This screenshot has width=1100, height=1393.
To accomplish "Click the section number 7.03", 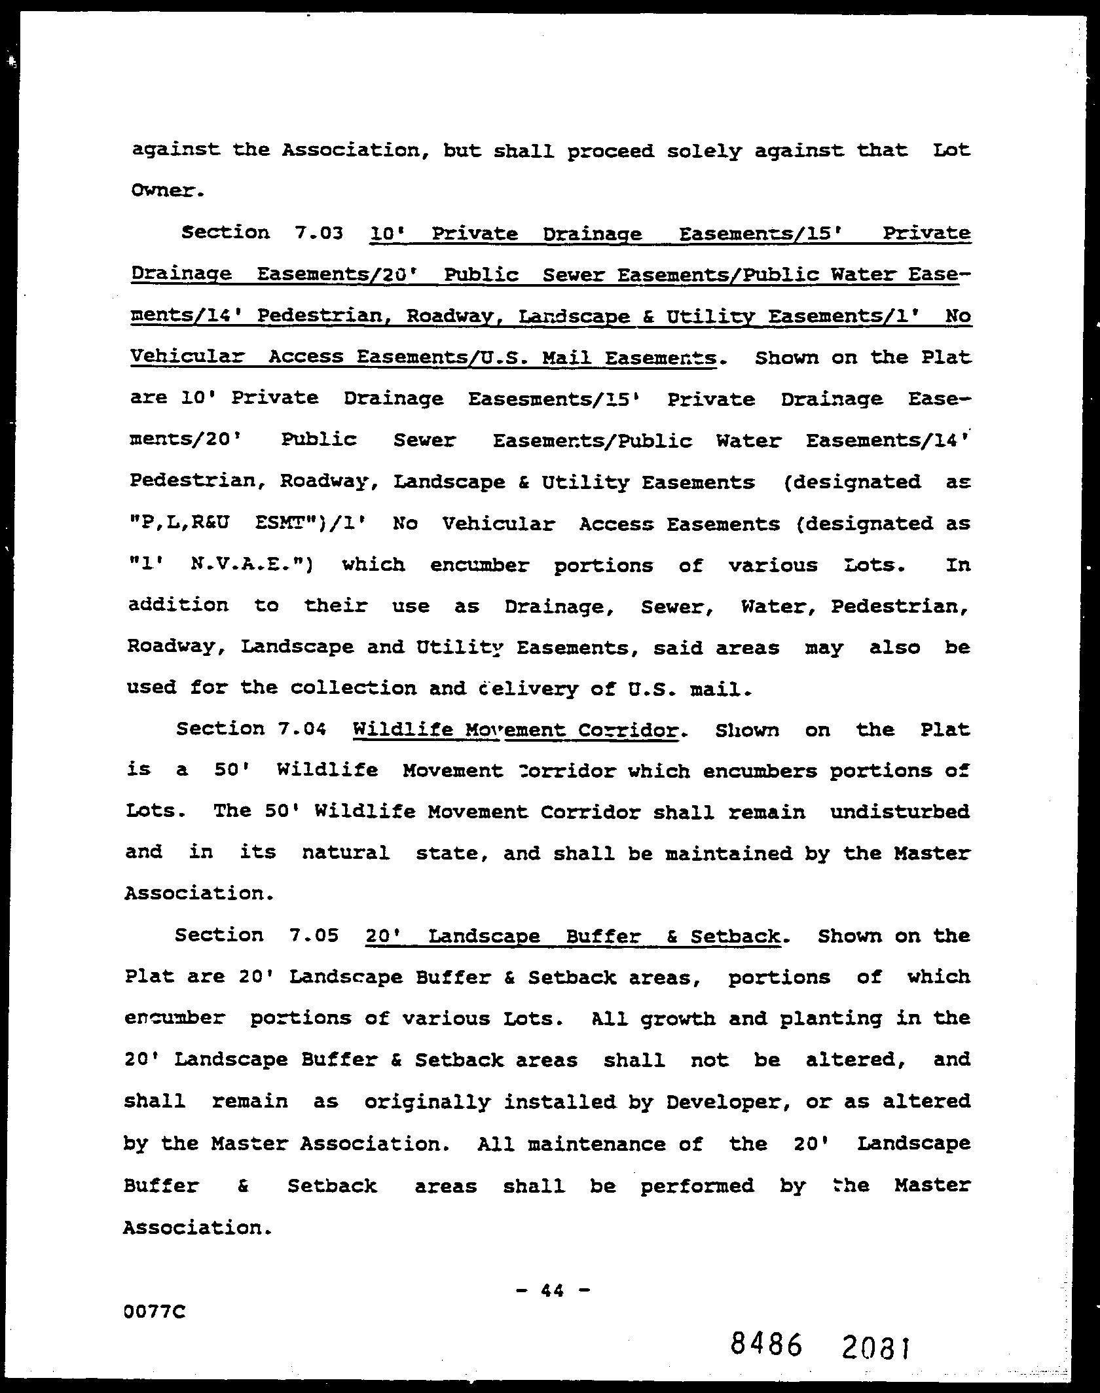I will pos(319,233).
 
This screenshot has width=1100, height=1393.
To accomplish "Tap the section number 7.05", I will pos(313,935).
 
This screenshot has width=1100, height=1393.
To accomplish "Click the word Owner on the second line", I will pos(167,190).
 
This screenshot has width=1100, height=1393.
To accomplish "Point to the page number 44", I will pos(553,1290).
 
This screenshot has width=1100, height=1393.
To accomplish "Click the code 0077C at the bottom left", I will pos(155,1311).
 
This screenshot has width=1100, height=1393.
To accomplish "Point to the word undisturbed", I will pos(900,812).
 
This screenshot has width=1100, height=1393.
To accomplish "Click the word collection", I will pos(353,687).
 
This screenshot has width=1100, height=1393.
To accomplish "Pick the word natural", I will pos(346,853).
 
